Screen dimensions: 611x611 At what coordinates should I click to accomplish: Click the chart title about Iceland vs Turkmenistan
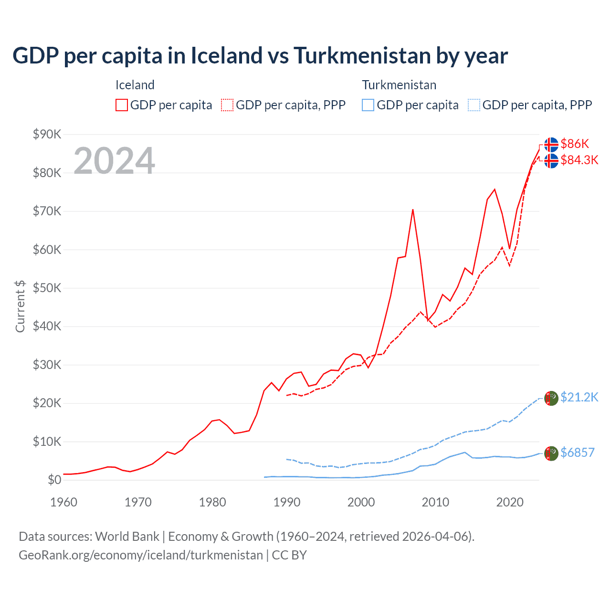click(x=260, y=56)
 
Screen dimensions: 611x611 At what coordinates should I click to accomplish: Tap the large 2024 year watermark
click(x=114, y=161)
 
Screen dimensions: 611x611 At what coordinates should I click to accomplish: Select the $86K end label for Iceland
click(x=575, y=144)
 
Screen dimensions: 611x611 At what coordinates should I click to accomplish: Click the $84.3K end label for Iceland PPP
click(x=579, y=160)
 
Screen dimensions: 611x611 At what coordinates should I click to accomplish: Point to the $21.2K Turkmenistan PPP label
click(x=579, y=397)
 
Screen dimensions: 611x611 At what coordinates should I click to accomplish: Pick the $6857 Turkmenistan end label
click(x=577, y=453)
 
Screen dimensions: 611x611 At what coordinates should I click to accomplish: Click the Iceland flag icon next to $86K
click(x=551, y=144)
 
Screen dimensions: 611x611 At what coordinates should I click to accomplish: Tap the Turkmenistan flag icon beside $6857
click(x=551, y=453)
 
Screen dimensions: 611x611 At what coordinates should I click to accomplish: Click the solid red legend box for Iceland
click(x=122, y=105)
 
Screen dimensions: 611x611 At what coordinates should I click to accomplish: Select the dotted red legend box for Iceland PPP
click(x=227, y=105)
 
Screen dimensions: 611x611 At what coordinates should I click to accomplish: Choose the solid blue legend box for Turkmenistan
click(x=368, y=105)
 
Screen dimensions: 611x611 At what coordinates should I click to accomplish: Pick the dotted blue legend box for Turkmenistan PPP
click(x=474, y=105)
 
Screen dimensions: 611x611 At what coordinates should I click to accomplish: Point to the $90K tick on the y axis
click(x=47, y=134)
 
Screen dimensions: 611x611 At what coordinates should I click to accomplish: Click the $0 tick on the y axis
click(x=54, y=480)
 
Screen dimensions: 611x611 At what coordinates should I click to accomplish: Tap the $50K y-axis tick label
click(x=47, y=288)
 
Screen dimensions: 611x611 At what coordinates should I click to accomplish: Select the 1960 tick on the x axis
click(x=63, y=502)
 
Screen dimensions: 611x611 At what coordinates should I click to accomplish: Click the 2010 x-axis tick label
click(x=435, y=502)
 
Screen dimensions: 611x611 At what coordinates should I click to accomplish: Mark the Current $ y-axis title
click(x=20, y=306)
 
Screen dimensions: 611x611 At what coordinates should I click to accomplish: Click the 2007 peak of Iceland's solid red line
click(x=412, y=210)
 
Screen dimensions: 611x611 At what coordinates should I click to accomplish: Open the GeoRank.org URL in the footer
click(x=141, y=555)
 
